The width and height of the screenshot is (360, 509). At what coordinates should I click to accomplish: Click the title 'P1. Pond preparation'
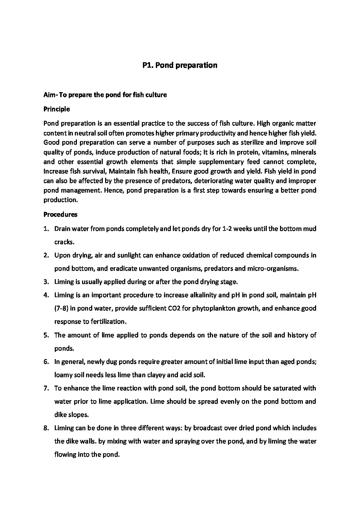(x=180, y=65)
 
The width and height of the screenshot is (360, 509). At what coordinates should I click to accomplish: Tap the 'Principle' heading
(x=56, y=109)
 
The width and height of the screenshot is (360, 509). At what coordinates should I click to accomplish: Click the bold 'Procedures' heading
(x=60, y=215)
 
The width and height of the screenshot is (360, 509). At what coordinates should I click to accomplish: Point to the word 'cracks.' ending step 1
(x=64, y=242)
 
